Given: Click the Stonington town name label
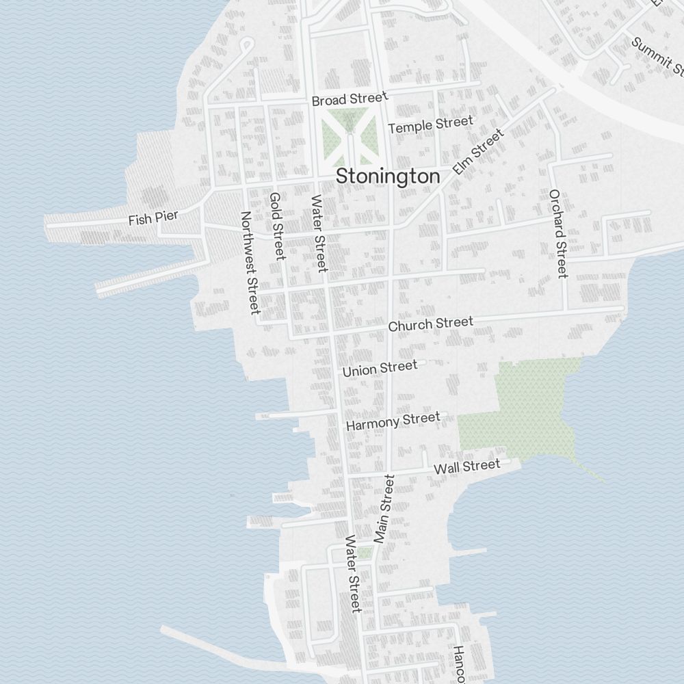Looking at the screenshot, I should point(388,176).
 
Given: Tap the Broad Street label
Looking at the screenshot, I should point(350,99).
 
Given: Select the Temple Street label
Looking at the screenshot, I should point(430,124).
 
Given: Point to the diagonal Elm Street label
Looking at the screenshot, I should point(478,151).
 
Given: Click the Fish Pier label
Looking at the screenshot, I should point(153,218).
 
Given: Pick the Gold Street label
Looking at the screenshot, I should point(277,226).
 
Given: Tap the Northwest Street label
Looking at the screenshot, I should point(249,262).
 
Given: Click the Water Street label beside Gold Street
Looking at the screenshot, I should point(318,233).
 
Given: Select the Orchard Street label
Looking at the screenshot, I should point(558,233).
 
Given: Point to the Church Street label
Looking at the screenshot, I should point(430,324).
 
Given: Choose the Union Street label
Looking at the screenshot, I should point(380,369).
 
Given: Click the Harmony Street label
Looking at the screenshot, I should point(393,421).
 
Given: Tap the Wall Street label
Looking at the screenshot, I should point(467,467).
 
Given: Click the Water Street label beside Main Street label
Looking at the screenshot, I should point(352,573).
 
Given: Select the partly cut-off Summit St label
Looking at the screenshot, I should point(657,56).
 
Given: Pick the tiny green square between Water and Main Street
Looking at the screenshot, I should point(365,552).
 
